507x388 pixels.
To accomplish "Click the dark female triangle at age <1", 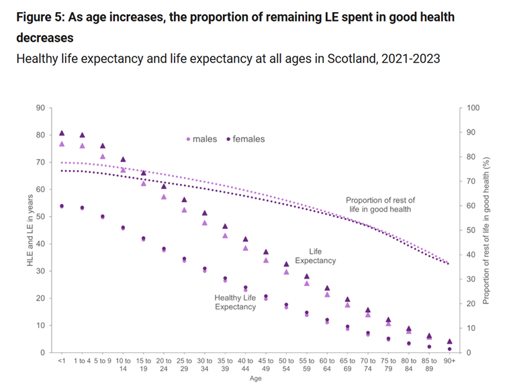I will pos(62,133).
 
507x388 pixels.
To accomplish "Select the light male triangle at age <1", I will pos(62,144).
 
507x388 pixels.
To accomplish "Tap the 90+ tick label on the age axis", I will pos(449,361).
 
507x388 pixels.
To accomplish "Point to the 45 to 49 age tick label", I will pos(266,365).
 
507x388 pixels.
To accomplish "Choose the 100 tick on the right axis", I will pos(472,107).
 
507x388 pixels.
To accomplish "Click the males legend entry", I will pos(203,139).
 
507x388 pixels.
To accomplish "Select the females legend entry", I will pos(246,139).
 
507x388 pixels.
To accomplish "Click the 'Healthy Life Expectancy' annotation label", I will pos(235,302).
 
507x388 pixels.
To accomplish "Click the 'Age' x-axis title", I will pos(255,378).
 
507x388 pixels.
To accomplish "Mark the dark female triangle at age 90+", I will pos(449,341).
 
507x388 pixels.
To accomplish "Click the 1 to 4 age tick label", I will pos(82,361).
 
